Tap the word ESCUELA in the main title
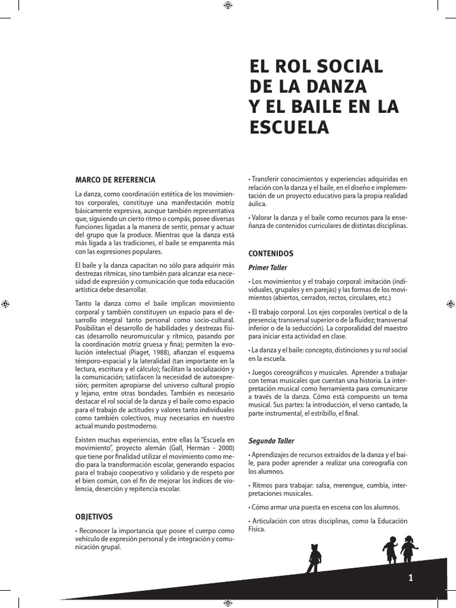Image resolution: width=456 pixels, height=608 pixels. tap(288, 127)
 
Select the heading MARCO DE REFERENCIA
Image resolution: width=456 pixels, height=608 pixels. tap(115, 179)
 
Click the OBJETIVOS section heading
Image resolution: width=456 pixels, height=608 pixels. tap(94, 517)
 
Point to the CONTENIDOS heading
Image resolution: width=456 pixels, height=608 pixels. tap(271, 253)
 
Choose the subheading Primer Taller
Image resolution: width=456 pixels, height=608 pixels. tap(267, 268)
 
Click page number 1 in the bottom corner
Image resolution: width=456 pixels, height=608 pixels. tap(410, 578)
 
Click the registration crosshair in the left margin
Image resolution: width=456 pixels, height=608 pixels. tap(5, 303)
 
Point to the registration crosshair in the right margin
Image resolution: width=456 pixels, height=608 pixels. tap(451, 303)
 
